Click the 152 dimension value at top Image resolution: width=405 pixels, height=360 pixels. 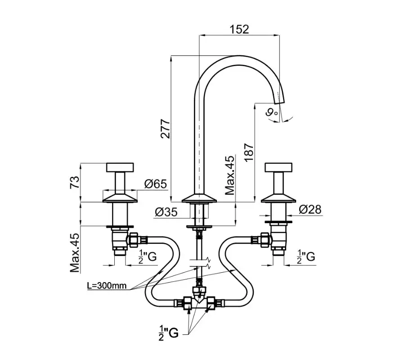pos(239,29)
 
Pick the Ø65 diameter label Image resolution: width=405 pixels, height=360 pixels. pos(155,184)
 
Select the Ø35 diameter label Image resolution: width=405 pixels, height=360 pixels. pos(165,211)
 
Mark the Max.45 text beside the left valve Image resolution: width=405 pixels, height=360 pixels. pos(75,253)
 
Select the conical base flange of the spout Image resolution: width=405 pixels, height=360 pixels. pos(198,198)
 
